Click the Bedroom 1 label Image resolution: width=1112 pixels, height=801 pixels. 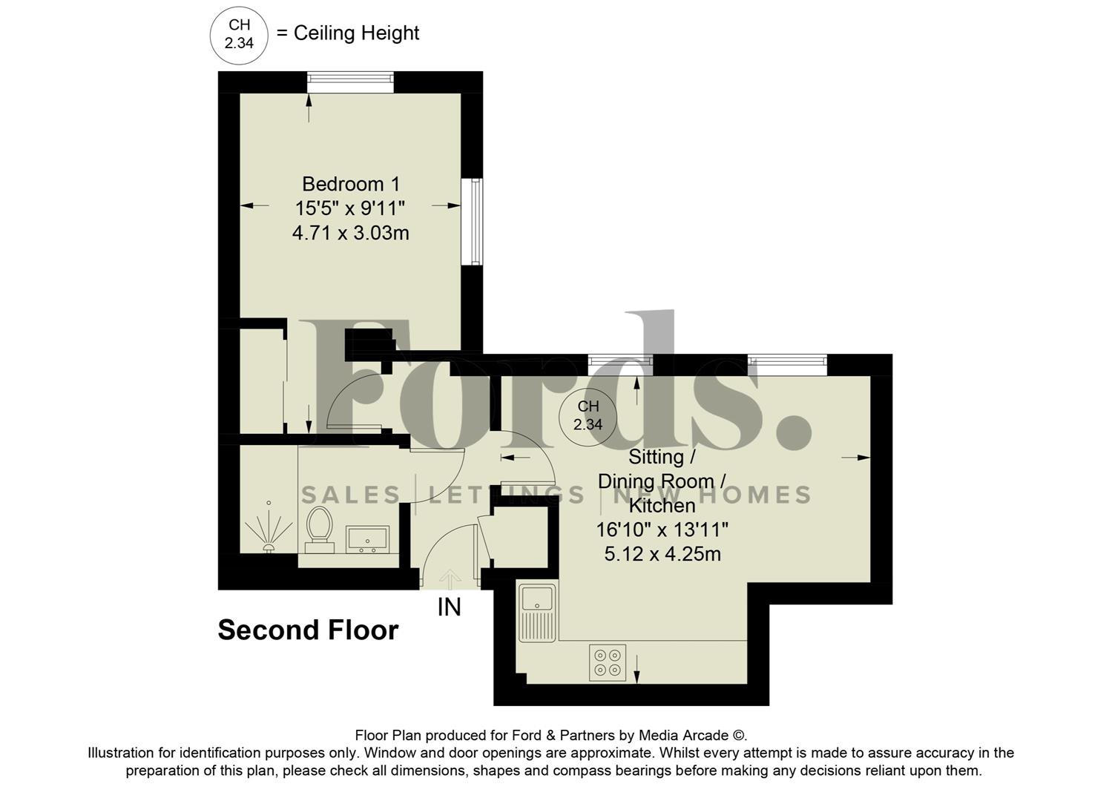click(350, 184)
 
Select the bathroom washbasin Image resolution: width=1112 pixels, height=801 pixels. click(367, 539)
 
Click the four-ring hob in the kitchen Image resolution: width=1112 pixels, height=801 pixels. click(608, 662)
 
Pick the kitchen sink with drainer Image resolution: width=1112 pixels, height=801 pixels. click(537, 613)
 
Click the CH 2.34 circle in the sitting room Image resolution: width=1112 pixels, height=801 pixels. click(588, 416)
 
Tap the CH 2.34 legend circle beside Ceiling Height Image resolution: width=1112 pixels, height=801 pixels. click(239, 34)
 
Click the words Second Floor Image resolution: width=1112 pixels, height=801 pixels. click(308, 630)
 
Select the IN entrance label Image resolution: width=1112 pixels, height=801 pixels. click(450, 607)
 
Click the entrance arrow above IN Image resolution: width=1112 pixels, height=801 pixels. click(450, 578)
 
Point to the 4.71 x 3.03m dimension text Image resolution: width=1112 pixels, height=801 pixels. click(350, 234)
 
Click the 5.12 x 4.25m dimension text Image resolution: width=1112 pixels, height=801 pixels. click(662, 554)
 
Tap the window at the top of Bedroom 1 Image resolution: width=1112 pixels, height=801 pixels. click(350, 81)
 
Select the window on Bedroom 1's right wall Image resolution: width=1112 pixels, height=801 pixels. click(473, 221)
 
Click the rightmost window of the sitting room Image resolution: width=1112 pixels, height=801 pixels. click(786, 363)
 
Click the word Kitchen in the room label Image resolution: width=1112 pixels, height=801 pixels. click(662, 506)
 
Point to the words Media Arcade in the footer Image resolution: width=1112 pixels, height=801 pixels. click(683, 736)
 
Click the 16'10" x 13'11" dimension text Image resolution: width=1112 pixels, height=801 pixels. click(662, 530)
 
